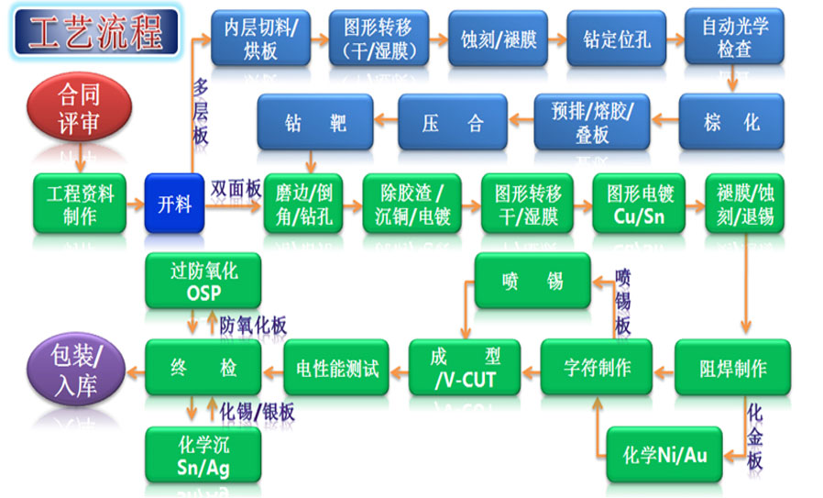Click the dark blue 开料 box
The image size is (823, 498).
pos(174,203)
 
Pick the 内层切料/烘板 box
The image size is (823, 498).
pos(260,38)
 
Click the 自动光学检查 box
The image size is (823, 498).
pos(734,38)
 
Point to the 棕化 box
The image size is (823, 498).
pos(731,122)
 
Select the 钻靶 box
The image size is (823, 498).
pos(315,122)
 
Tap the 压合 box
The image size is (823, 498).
pos(453,122)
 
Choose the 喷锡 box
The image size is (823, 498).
pos(532,281)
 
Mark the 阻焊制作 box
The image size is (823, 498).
pos(733,369)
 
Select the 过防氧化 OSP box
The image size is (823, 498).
pos(203,281)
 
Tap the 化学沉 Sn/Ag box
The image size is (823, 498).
pos(203,455)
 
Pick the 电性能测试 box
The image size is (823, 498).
pos(336,369)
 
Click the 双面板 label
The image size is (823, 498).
pos(236,184)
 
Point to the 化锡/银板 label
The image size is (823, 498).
pos(258,412)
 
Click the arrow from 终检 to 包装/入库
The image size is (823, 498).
pos(136,370)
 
